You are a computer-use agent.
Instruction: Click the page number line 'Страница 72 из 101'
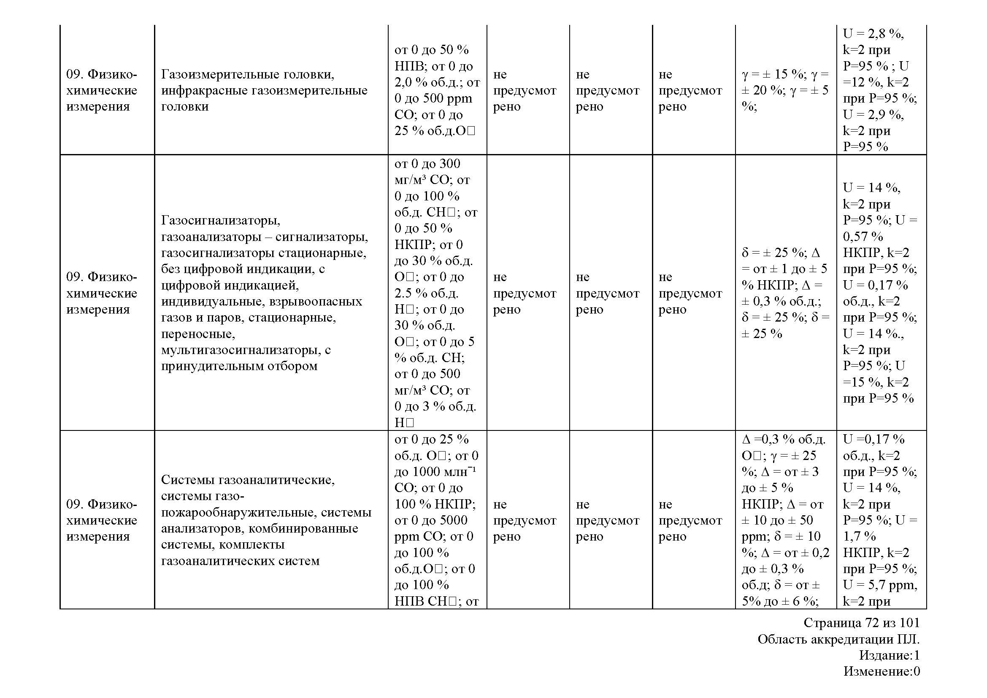point(861,623)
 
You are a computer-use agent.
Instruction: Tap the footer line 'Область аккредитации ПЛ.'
point(838,639)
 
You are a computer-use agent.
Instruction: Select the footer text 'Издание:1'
point(889,655)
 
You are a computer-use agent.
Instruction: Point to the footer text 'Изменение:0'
point(881,671)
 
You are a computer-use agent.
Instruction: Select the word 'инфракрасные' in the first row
point(205,91)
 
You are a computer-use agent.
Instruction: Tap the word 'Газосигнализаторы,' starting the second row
point(221,220)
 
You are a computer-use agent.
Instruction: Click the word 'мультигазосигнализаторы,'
point(240,350)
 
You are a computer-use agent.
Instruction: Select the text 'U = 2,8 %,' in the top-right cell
point(873,33)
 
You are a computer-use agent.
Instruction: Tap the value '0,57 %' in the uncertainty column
point(863,236)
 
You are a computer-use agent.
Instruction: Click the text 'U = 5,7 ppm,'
point(880,585)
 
